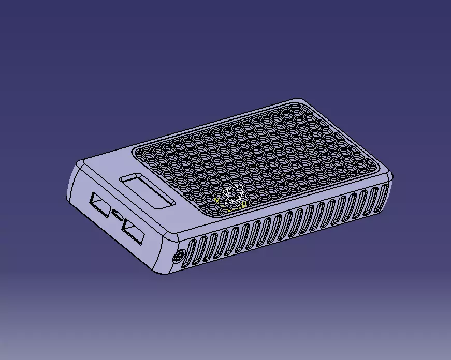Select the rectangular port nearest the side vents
(133, 232)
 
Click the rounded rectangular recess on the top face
(147, 190)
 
